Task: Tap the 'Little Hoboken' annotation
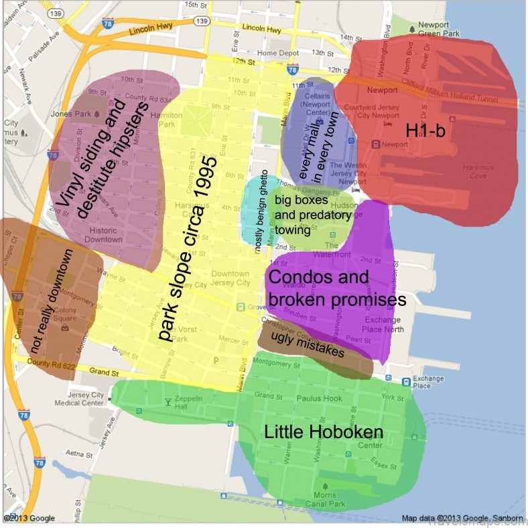coord(324,432)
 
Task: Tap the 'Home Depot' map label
coord(276,53)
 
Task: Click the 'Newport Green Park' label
coord(434,29)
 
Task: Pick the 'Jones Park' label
coord(75,114)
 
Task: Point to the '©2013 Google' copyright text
coord(29,518)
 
